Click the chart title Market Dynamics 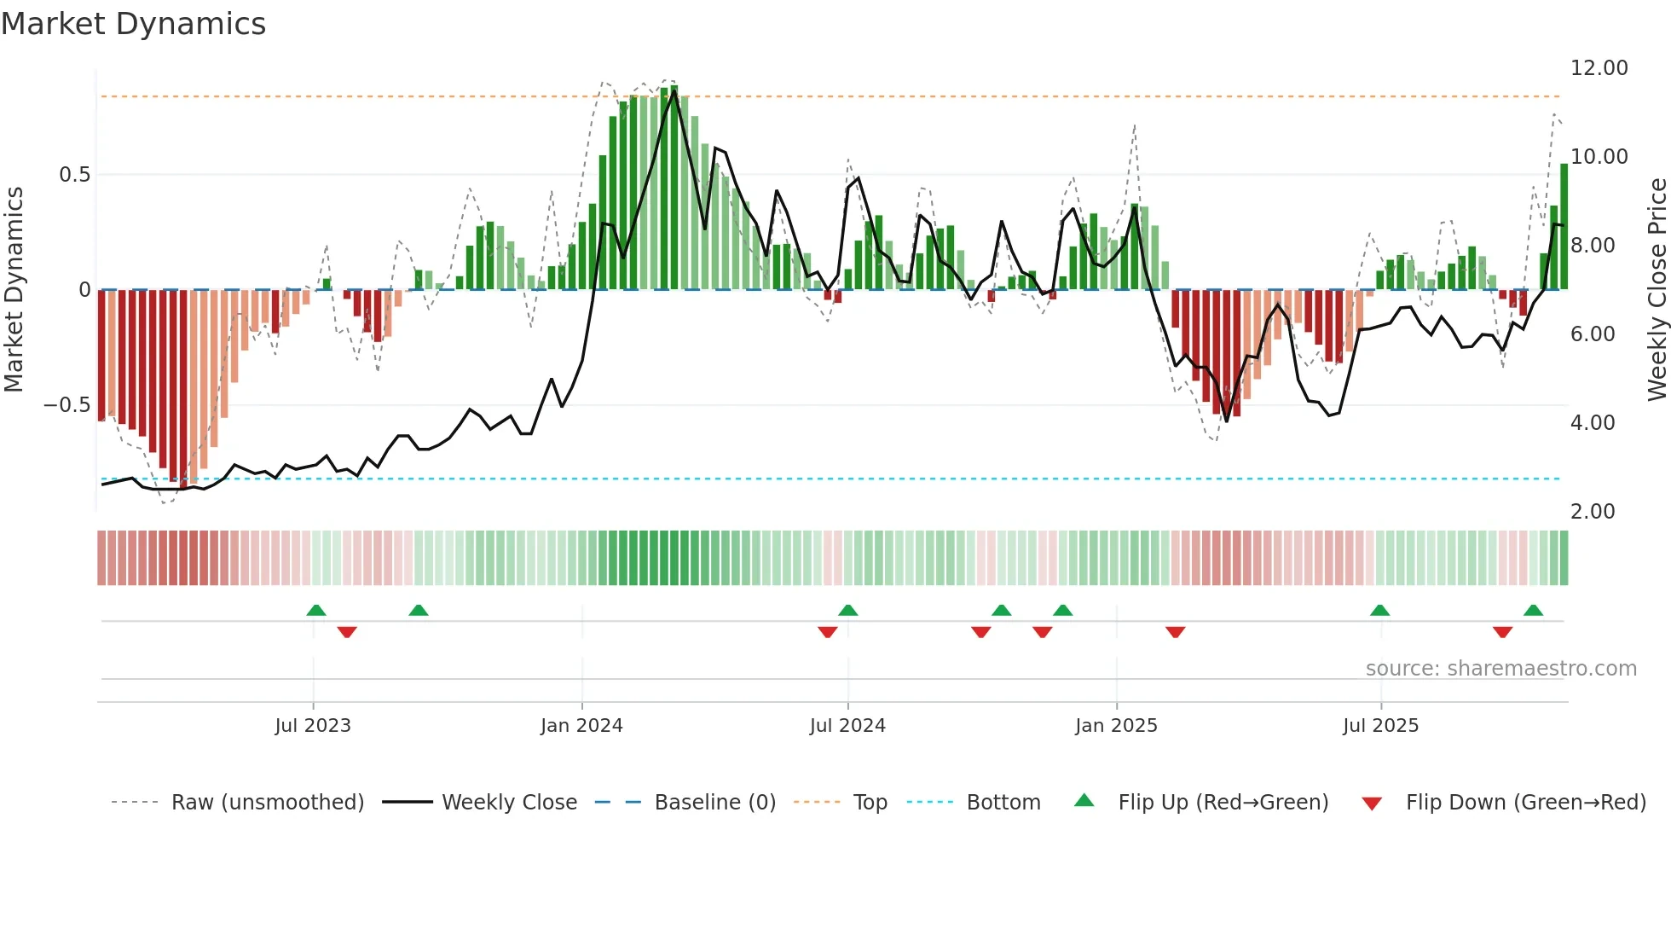133,24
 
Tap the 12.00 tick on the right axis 1599,68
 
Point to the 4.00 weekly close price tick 1592,423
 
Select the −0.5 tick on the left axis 66,405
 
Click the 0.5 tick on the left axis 74,175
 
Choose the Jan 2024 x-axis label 581,726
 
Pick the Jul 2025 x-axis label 1380,726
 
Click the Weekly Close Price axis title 1657,290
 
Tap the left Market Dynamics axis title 14,290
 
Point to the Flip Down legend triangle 1372,804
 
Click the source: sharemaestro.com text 1500,669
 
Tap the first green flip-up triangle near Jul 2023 316,611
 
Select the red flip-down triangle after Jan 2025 1176,632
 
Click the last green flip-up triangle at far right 1533,611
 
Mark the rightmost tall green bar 1564,226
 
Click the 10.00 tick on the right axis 1599,157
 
